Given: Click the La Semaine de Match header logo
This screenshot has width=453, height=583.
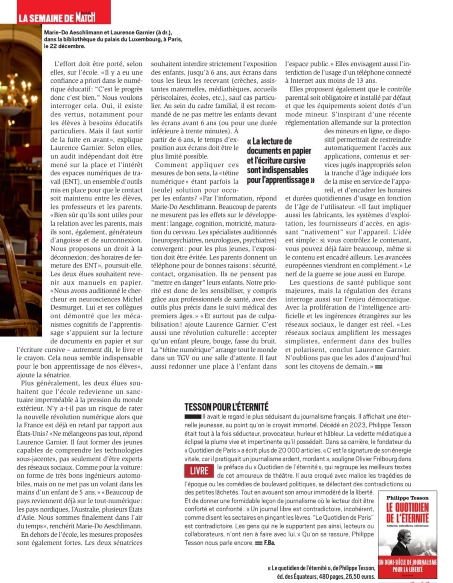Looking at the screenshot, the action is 56,18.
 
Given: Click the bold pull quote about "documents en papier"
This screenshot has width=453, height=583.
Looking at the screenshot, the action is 280,160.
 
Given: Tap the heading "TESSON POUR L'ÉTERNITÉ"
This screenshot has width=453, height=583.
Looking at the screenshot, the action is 226,407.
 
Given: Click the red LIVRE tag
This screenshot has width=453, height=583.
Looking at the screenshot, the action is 199,471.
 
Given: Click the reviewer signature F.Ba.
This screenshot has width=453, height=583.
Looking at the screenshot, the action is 269,543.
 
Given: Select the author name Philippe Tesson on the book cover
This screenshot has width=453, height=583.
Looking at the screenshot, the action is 407,497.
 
